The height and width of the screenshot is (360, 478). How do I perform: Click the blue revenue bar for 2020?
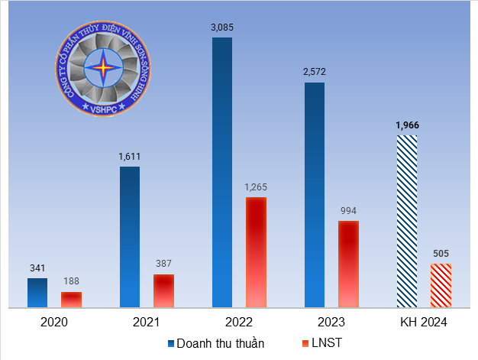[37, 293]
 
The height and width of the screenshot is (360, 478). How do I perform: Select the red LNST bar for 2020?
[71, 300]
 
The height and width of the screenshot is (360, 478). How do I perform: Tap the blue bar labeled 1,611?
[130, 237]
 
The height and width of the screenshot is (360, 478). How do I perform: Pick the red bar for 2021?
[163, 291]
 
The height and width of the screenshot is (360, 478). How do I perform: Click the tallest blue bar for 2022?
[222, 172]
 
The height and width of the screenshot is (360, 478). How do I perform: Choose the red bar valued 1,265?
[256, 252]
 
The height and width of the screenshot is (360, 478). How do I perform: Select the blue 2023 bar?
[315, 195]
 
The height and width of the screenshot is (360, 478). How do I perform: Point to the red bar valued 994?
[348, 264]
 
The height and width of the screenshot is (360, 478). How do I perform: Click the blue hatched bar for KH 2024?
[407, 222]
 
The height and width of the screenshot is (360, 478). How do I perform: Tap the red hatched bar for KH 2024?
[441, 286]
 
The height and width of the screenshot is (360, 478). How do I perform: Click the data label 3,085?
[222, 28]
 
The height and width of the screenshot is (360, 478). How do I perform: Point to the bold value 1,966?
[407, 125]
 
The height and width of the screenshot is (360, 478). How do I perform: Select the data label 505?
[441, 254]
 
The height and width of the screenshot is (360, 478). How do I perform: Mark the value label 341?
[37, 268]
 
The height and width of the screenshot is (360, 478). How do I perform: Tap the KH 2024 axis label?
[424, 323]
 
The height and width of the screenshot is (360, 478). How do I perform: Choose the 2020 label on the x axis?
[54, 323]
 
